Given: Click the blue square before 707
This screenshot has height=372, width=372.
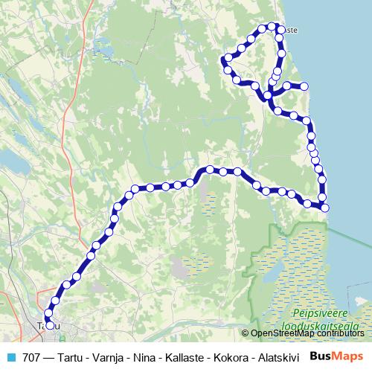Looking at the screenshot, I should tap(10, 356).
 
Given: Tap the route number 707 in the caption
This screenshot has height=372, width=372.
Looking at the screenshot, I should tap(31, 356).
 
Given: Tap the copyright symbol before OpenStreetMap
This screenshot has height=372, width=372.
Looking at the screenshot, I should tap(246, 333).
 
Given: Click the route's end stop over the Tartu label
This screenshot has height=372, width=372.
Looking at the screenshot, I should tap(50, 324).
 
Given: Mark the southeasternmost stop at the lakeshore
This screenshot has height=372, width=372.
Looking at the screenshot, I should tap(324, 207).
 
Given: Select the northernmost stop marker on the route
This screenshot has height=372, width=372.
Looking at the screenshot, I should tap(272, 26).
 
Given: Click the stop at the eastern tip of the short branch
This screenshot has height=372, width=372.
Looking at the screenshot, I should tap(304, 86).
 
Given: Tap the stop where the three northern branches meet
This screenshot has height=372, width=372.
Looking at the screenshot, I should tap(267, 96).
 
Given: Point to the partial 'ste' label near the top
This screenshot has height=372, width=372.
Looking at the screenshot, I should tap(291, 30).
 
